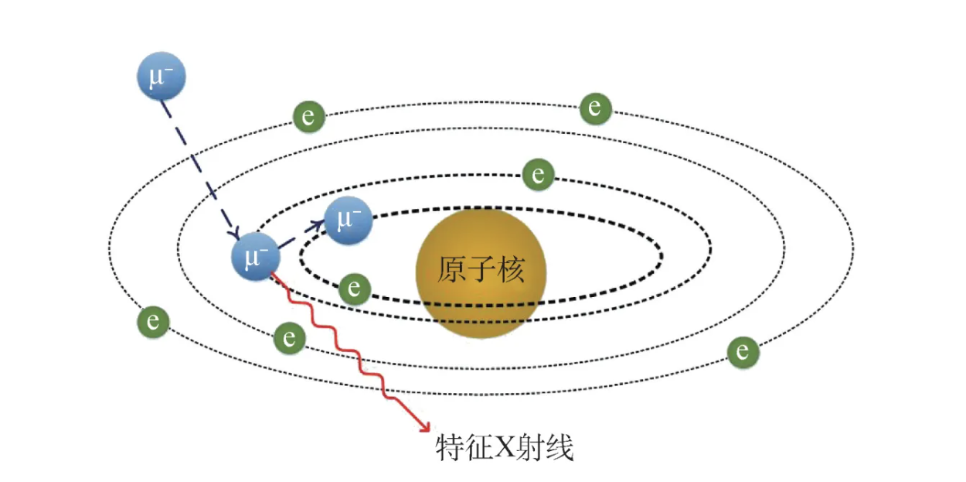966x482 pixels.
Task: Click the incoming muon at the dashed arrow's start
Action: (162, 77)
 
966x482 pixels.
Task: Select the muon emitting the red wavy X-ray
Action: (255, 255)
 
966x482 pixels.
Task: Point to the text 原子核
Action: (481, 271)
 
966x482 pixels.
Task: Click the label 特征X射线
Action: (505, 448)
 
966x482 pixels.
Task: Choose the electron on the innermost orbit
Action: (355, 289)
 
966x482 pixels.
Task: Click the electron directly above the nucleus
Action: (538, 174)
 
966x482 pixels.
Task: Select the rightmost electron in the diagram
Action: (743, 352)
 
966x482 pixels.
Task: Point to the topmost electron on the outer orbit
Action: (595, 108)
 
